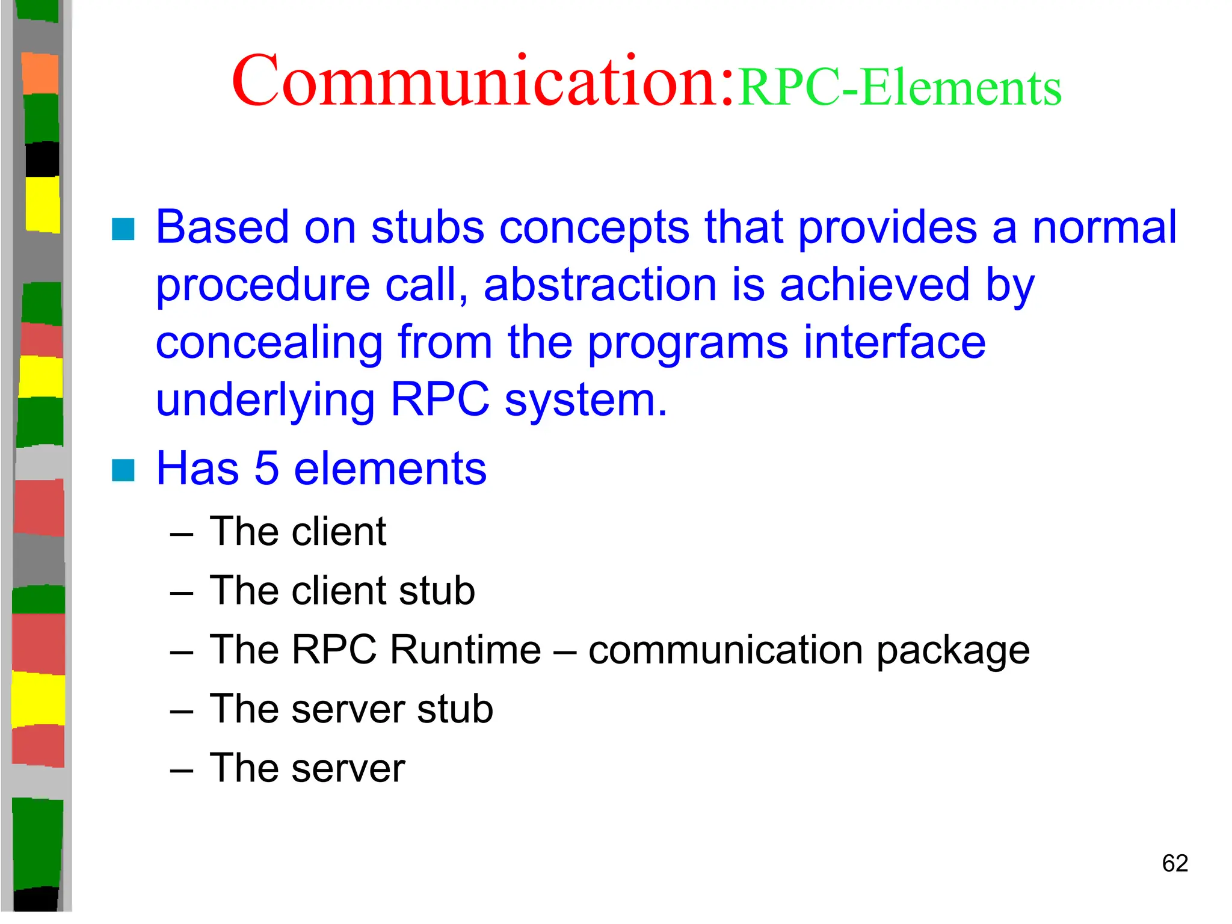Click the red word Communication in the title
pyautogui.click(x=481, y=81)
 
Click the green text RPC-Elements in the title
pyautogui.click(x=899, y=88)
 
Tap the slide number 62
pyautogui.click(x=1174, y=863)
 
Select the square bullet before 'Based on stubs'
pyautogui.click(x=123, y=229)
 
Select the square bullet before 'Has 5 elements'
pyautogui.click(x=123, y=470)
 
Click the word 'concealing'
pyautogui.click(x=269, y=343)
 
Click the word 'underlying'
pyautogui.click(x=265, y=400)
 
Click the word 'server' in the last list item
pyautogui.click(x=348, y=768)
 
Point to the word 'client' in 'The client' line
pyautogui.click(x=338, y=532)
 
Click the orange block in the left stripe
pyautogui.click(x=40, y=73)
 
